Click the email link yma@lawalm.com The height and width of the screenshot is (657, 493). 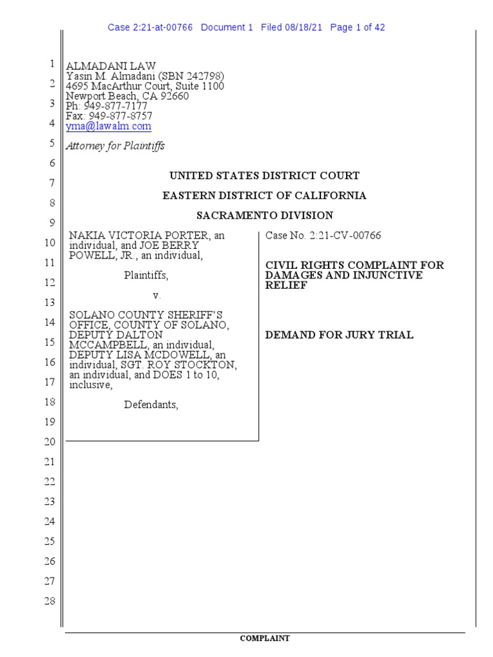108,127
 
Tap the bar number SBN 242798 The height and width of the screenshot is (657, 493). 193,76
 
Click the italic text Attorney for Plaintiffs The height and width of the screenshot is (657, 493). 116,146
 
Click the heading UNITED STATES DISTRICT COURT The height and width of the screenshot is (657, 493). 264,176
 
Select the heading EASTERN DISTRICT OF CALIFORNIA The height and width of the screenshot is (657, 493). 264,196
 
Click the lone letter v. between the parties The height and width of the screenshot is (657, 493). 156,296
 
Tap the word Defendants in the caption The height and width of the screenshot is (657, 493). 151,405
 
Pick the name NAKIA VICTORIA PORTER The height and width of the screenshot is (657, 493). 140,235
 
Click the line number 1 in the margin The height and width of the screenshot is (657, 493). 51,64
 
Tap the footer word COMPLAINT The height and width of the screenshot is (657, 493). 264,638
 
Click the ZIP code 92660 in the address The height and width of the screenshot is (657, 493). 175,96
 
